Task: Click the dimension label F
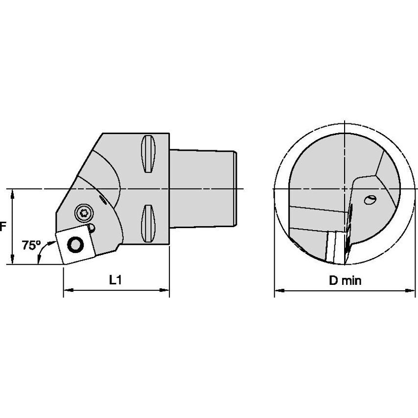coord(2,227)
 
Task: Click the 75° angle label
coord(31,245)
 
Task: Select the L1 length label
coord(116,280)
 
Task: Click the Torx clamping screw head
coord(83,213)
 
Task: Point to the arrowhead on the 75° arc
coord(40,262)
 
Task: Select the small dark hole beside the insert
coord(92,228)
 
